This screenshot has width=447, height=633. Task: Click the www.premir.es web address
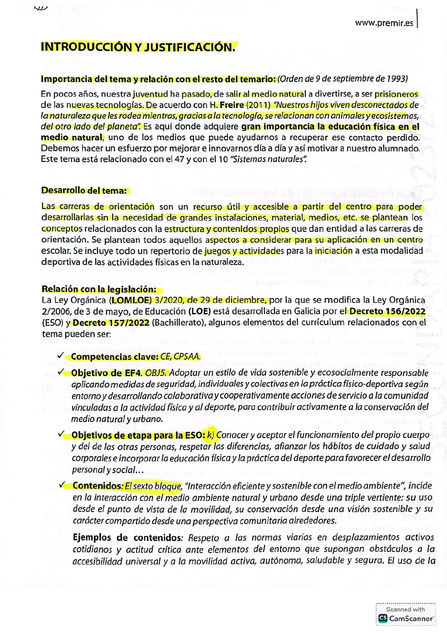pyautogui.click(x=384, y=23)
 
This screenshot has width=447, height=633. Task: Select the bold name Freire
pyautogui.click(x=229, y=105)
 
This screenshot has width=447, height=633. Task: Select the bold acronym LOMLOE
pyautogui.click(x=132, y=300)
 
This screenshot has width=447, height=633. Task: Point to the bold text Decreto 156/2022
pyautogui.click(x=387, y=311)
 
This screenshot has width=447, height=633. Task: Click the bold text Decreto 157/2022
pyautogui.click(x=111, y=323)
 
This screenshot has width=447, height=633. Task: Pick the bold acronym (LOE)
pyautogui.click(x=200, y=311)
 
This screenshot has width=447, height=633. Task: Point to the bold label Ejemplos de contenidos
pyautogui.click(x=125, y=538)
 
